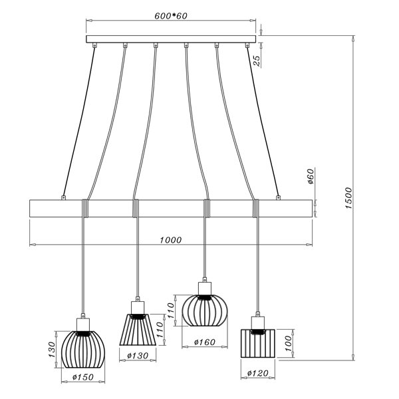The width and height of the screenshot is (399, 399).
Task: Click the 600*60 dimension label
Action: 171,16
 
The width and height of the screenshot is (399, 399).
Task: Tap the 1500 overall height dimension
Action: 348,198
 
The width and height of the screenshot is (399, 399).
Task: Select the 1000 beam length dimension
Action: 171,239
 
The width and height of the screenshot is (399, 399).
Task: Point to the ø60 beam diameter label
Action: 311,176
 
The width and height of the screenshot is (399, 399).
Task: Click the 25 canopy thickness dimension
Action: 257,61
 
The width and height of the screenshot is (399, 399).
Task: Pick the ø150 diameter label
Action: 83,377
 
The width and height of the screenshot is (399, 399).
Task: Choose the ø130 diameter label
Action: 138,356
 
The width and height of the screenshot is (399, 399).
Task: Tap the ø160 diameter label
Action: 205,342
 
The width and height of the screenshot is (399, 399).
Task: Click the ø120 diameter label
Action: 258,373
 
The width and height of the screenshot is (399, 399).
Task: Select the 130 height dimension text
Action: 52,349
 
